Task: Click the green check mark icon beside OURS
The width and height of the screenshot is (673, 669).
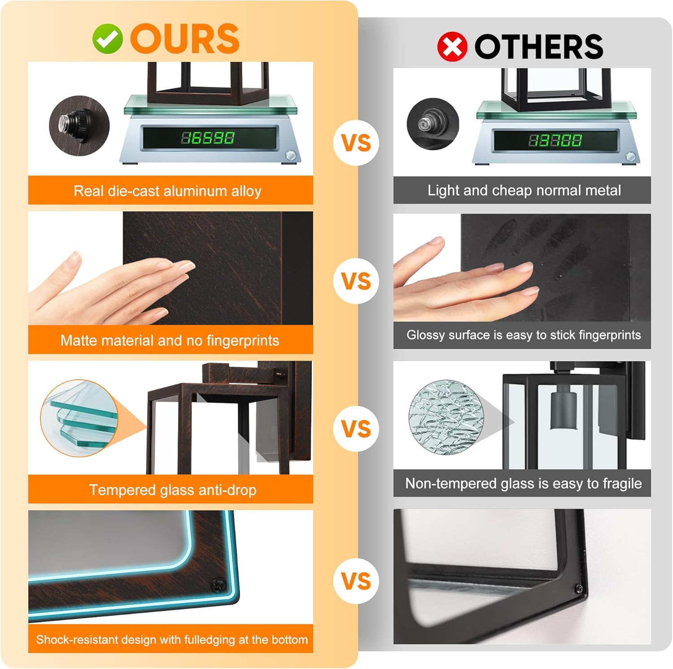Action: pos(107,39)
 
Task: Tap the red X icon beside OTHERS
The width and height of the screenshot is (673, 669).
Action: pos(452,47)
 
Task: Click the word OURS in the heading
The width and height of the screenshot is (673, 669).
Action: pos(184,39)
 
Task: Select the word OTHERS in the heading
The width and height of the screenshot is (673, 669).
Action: pos(539,47)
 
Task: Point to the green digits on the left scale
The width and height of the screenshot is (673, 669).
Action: pos(207,138)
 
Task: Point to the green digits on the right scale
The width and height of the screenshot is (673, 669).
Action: pos(555,140)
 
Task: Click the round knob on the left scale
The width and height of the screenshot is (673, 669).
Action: pos(291,155)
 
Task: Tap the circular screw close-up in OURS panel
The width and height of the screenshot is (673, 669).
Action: pos(79,125)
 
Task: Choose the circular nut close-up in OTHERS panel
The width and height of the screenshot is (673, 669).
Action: pos(433,124)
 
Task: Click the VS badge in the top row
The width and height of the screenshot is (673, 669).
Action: pos(357,143)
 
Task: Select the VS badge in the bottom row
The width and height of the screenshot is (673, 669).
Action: pos(357,582)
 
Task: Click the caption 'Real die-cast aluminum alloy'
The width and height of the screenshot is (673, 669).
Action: pos(167,191)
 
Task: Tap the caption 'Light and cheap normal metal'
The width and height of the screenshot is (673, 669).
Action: pos(524,190)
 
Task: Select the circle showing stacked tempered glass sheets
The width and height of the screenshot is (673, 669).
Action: pos(79,418)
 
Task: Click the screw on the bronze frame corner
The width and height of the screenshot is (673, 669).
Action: pos(219,584)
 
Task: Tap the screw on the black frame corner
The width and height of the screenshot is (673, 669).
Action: pos(579,588)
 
